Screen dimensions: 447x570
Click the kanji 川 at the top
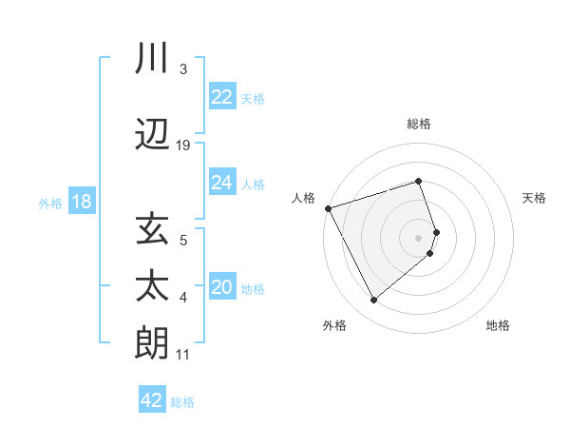tap(153, 57)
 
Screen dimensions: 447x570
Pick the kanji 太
tap(153, 286)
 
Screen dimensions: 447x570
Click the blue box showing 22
tap(222, 97)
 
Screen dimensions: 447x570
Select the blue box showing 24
tap(222, 183)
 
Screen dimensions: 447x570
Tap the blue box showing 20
tap(222, 287)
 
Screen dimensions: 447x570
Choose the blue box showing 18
tap(81, 203)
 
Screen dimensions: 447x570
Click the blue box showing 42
tap(152, 400)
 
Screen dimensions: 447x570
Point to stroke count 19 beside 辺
tap(183, 146)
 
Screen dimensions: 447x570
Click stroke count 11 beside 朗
tap(183, 355)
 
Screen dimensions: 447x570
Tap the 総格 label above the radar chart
tap(419, 124)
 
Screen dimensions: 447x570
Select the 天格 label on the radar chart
tap(534, 198)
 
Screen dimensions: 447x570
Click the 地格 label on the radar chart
tap(498, 325)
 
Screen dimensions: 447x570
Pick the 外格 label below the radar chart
tap(334, 325)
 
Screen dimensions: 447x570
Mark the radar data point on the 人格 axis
tap(328, 208)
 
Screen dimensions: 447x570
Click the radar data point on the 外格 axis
tap(373, 301)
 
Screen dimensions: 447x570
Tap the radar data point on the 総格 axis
tap(419, 181)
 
